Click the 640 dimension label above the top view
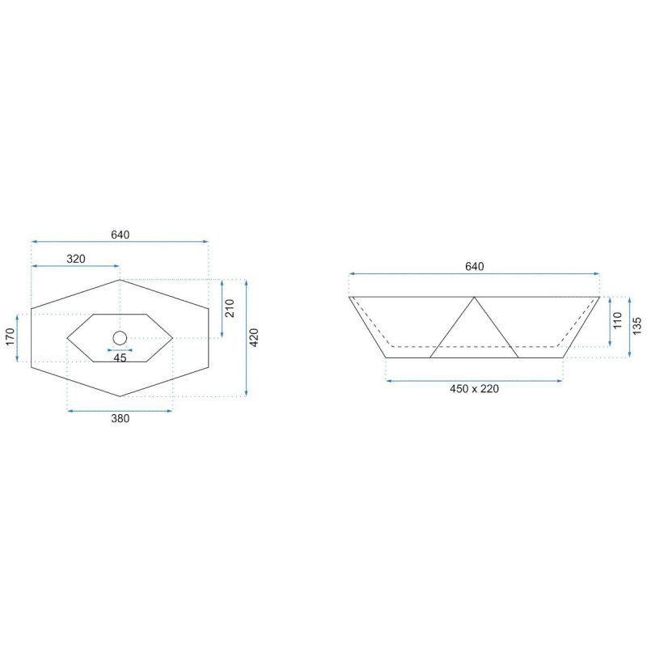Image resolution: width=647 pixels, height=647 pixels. point(120,235)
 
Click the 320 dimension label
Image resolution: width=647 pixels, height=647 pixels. point(76,259)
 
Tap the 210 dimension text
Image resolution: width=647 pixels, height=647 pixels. point(230,308)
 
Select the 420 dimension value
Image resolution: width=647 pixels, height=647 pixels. point(254,337)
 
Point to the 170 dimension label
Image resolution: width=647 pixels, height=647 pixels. point(11,337)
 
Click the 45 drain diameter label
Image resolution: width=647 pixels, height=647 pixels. point(120,357)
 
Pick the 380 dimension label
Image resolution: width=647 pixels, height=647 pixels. point(120,418)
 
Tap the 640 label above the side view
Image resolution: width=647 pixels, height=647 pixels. point(475,267)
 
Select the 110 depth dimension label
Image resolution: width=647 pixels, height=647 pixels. point(617,320)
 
